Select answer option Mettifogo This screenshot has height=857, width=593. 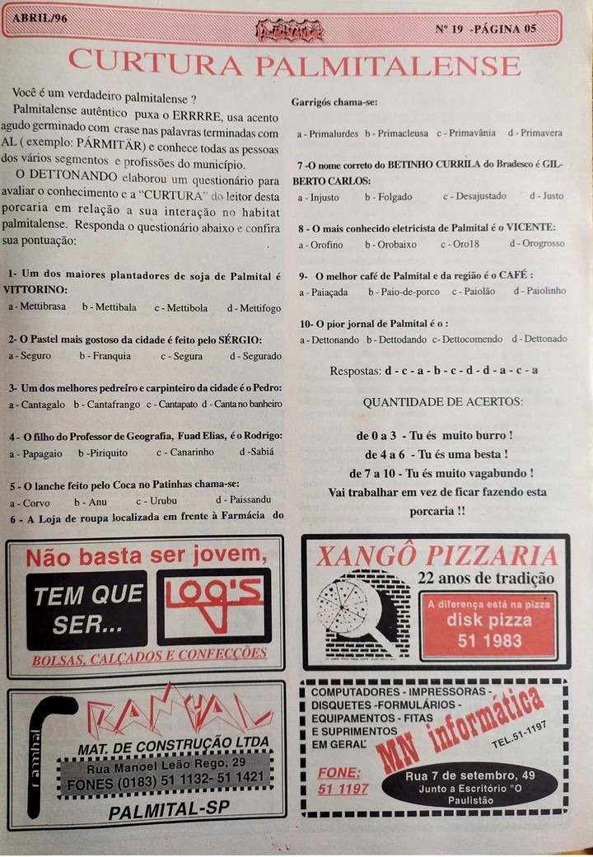coord(254,307)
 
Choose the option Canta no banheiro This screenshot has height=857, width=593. coord(242,404)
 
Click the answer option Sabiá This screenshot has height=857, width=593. coord(257,452)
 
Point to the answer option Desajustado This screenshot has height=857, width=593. coord(473,197)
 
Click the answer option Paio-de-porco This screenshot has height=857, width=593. coord(404,292)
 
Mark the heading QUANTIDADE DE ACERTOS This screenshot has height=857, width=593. coord(442,402)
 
